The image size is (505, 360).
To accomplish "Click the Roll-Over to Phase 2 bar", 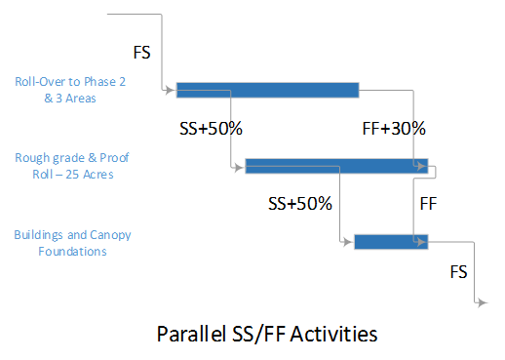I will coord(267,91).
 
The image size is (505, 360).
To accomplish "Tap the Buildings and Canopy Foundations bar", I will coord(390,241).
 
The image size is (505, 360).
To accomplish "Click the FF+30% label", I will coord(393,128).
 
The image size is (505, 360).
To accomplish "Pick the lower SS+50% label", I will coord(300,204).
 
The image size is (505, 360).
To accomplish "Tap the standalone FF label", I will coord(427,204).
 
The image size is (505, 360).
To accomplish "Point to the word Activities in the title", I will coord(336,334).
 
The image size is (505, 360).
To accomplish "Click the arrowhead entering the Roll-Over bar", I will coord(173,91).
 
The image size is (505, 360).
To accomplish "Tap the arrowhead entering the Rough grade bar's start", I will coord(241,167).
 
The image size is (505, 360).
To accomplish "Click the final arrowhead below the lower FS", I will coord(482,303).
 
